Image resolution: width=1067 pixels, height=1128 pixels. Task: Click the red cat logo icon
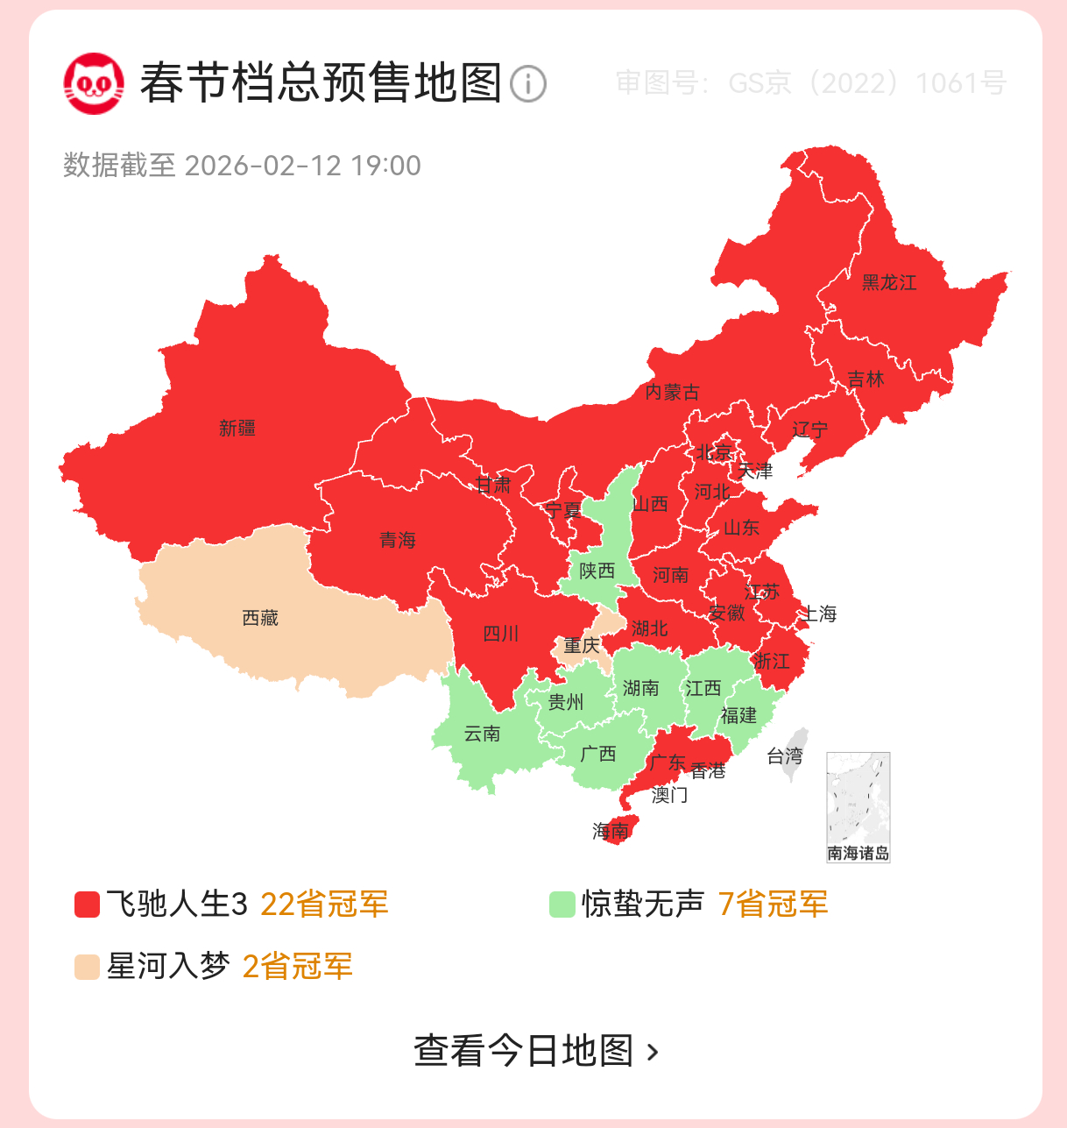(94, 83)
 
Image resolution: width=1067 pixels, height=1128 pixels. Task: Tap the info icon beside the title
(527, 84)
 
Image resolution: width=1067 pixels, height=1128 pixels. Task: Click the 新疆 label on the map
(237, 429)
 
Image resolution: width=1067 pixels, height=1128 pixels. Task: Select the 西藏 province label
(260, 618)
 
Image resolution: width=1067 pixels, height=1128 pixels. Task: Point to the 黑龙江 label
(889, 282)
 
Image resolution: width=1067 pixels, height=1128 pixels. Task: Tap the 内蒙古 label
(672, 392)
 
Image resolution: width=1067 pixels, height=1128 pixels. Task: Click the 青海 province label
(397, 540)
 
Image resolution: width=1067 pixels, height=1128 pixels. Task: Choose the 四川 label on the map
(501, 634)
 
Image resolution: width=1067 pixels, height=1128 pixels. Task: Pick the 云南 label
(482, 734)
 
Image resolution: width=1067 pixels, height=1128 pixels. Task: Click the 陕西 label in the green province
(597, 571)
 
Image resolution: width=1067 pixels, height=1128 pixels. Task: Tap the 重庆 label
(581, 646)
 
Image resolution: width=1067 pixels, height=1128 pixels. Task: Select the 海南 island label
(611, 830)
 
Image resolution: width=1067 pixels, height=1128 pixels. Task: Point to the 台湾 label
(784, 756)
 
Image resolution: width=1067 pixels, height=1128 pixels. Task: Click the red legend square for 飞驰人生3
(87, 905)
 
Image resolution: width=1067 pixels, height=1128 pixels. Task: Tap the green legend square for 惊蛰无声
(562, 905)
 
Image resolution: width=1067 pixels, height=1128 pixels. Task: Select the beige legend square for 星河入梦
(87, 967)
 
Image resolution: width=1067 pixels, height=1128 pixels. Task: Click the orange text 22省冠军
(324, 905)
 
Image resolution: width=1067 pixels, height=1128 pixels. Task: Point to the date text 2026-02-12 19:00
(302, 166)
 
